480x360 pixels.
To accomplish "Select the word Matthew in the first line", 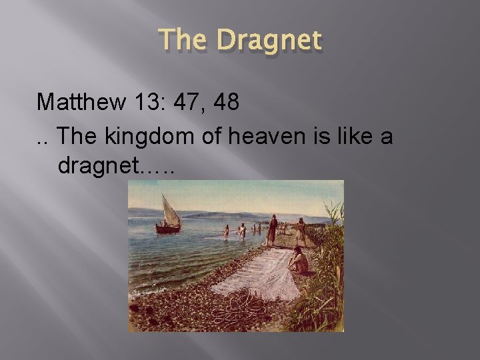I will coord(77,102).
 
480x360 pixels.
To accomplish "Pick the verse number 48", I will coord(227,102).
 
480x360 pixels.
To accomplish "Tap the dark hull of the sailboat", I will coord(168,229).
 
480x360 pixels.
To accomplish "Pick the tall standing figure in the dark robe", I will coord(271,230).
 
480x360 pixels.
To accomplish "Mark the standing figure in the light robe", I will coord(301,232).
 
